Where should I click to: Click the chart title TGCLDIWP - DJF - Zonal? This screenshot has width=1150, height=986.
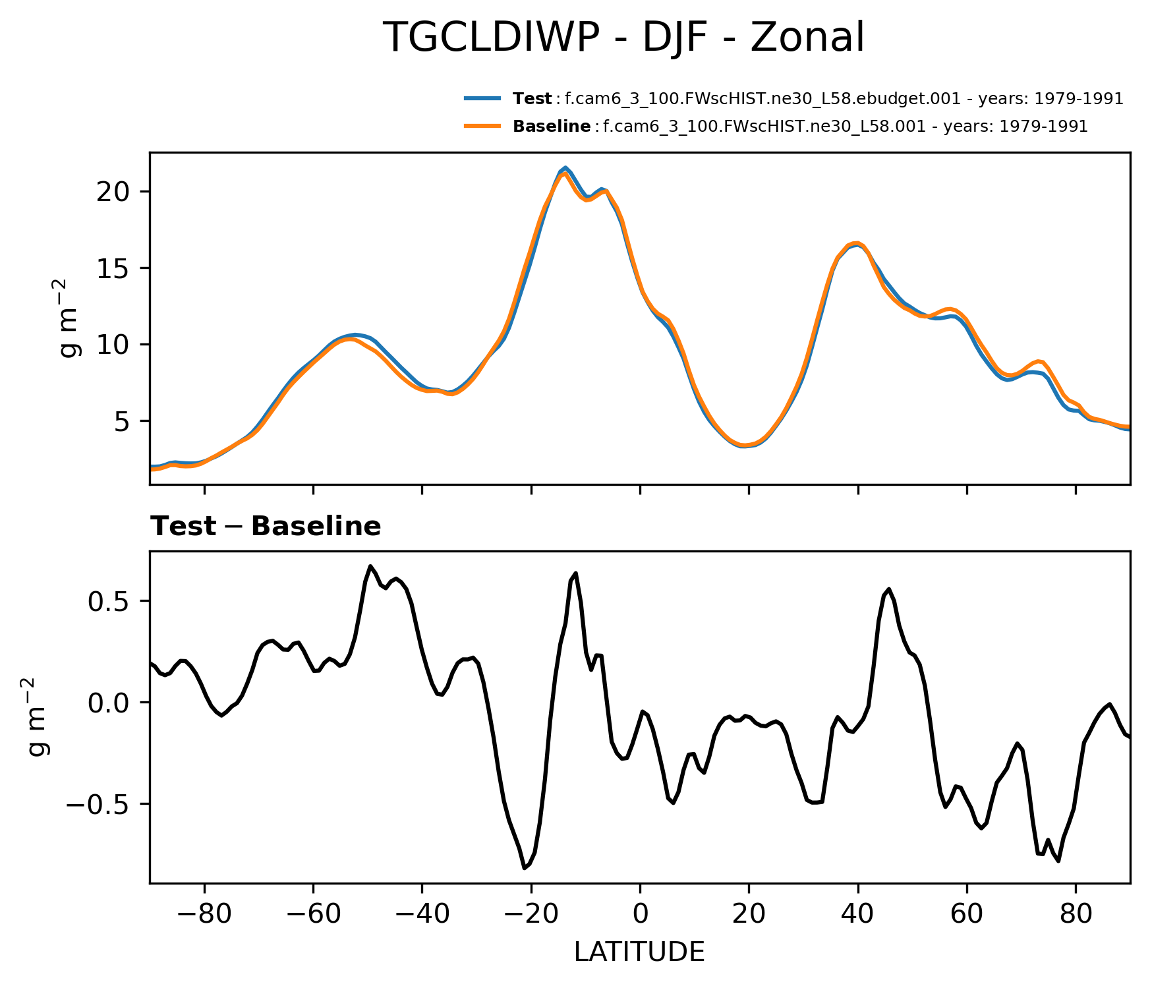623,38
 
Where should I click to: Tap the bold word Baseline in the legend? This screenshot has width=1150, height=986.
551,127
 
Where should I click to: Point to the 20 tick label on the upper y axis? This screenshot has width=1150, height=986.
113,192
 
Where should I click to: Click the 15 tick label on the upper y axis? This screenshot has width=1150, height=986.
113,268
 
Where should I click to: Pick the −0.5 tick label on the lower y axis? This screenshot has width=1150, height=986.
99,804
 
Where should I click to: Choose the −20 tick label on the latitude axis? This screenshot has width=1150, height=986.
531,914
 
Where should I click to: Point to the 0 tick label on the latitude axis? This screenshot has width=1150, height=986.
640,914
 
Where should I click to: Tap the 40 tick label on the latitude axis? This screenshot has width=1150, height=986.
857,914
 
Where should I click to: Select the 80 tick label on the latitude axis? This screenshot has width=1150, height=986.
1076,914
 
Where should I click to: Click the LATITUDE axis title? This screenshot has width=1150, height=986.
639,952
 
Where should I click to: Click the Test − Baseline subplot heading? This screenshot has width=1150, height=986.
266,527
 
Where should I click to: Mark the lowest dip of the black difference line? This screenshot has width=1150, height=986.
525,868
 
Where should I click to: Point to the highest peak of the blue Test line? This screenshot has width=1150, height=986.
565,167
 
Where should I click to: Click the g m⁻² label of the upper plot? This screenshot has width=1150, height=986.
70,318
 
